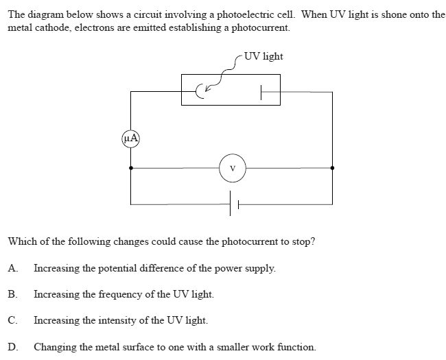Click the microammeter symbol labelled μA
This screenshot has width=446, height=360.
[x=130, y=138]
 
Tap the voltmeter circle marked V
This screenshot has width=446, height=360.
[x=233, y=167]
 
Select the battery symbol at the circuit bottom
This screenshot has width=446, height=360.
[x=233, y=204]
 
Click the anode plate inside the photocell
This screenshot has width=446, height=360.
[x=261, y=90]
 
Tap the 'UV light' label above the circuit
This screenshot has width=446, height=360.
[x=263, y=56]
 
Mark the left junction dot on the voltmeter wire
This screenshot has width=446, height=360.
[x=130, y=167]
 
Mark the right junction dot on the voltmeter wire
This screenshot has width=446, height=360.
[x=333, y=167]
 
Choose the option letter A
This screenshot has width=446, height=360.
[x=12, y=268]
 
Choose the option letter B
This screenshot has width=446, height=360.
[x=12, y=294]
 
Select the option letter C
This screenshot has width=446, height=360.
[x=12, y=320]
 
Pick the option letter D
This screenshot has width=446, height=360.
[x=12, y=346]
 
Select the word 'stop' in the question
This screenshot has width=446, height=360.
[x=303, y=242]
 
